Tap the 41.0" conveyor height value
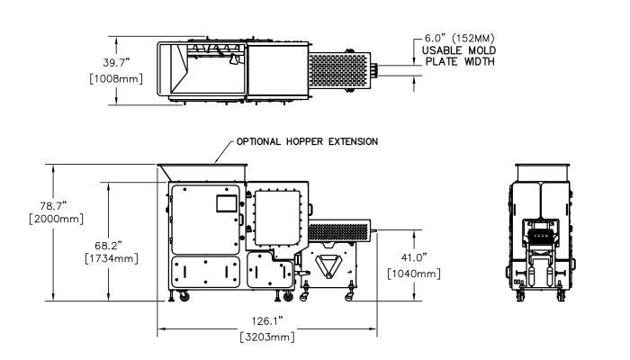415,256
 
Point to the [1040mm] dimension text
412,273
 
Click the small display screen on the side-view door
224,202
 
